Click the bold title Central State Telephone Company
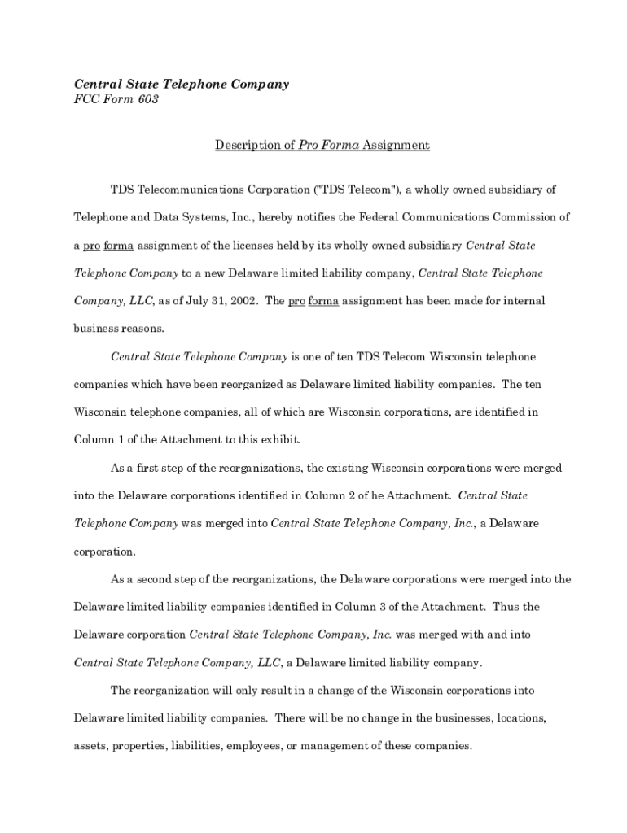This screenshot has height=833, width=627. click(182, 84)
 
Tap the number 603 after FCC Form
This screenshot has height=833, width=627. click(147, 100)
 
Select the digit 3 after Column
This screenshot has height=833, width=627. click(393, 607)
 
